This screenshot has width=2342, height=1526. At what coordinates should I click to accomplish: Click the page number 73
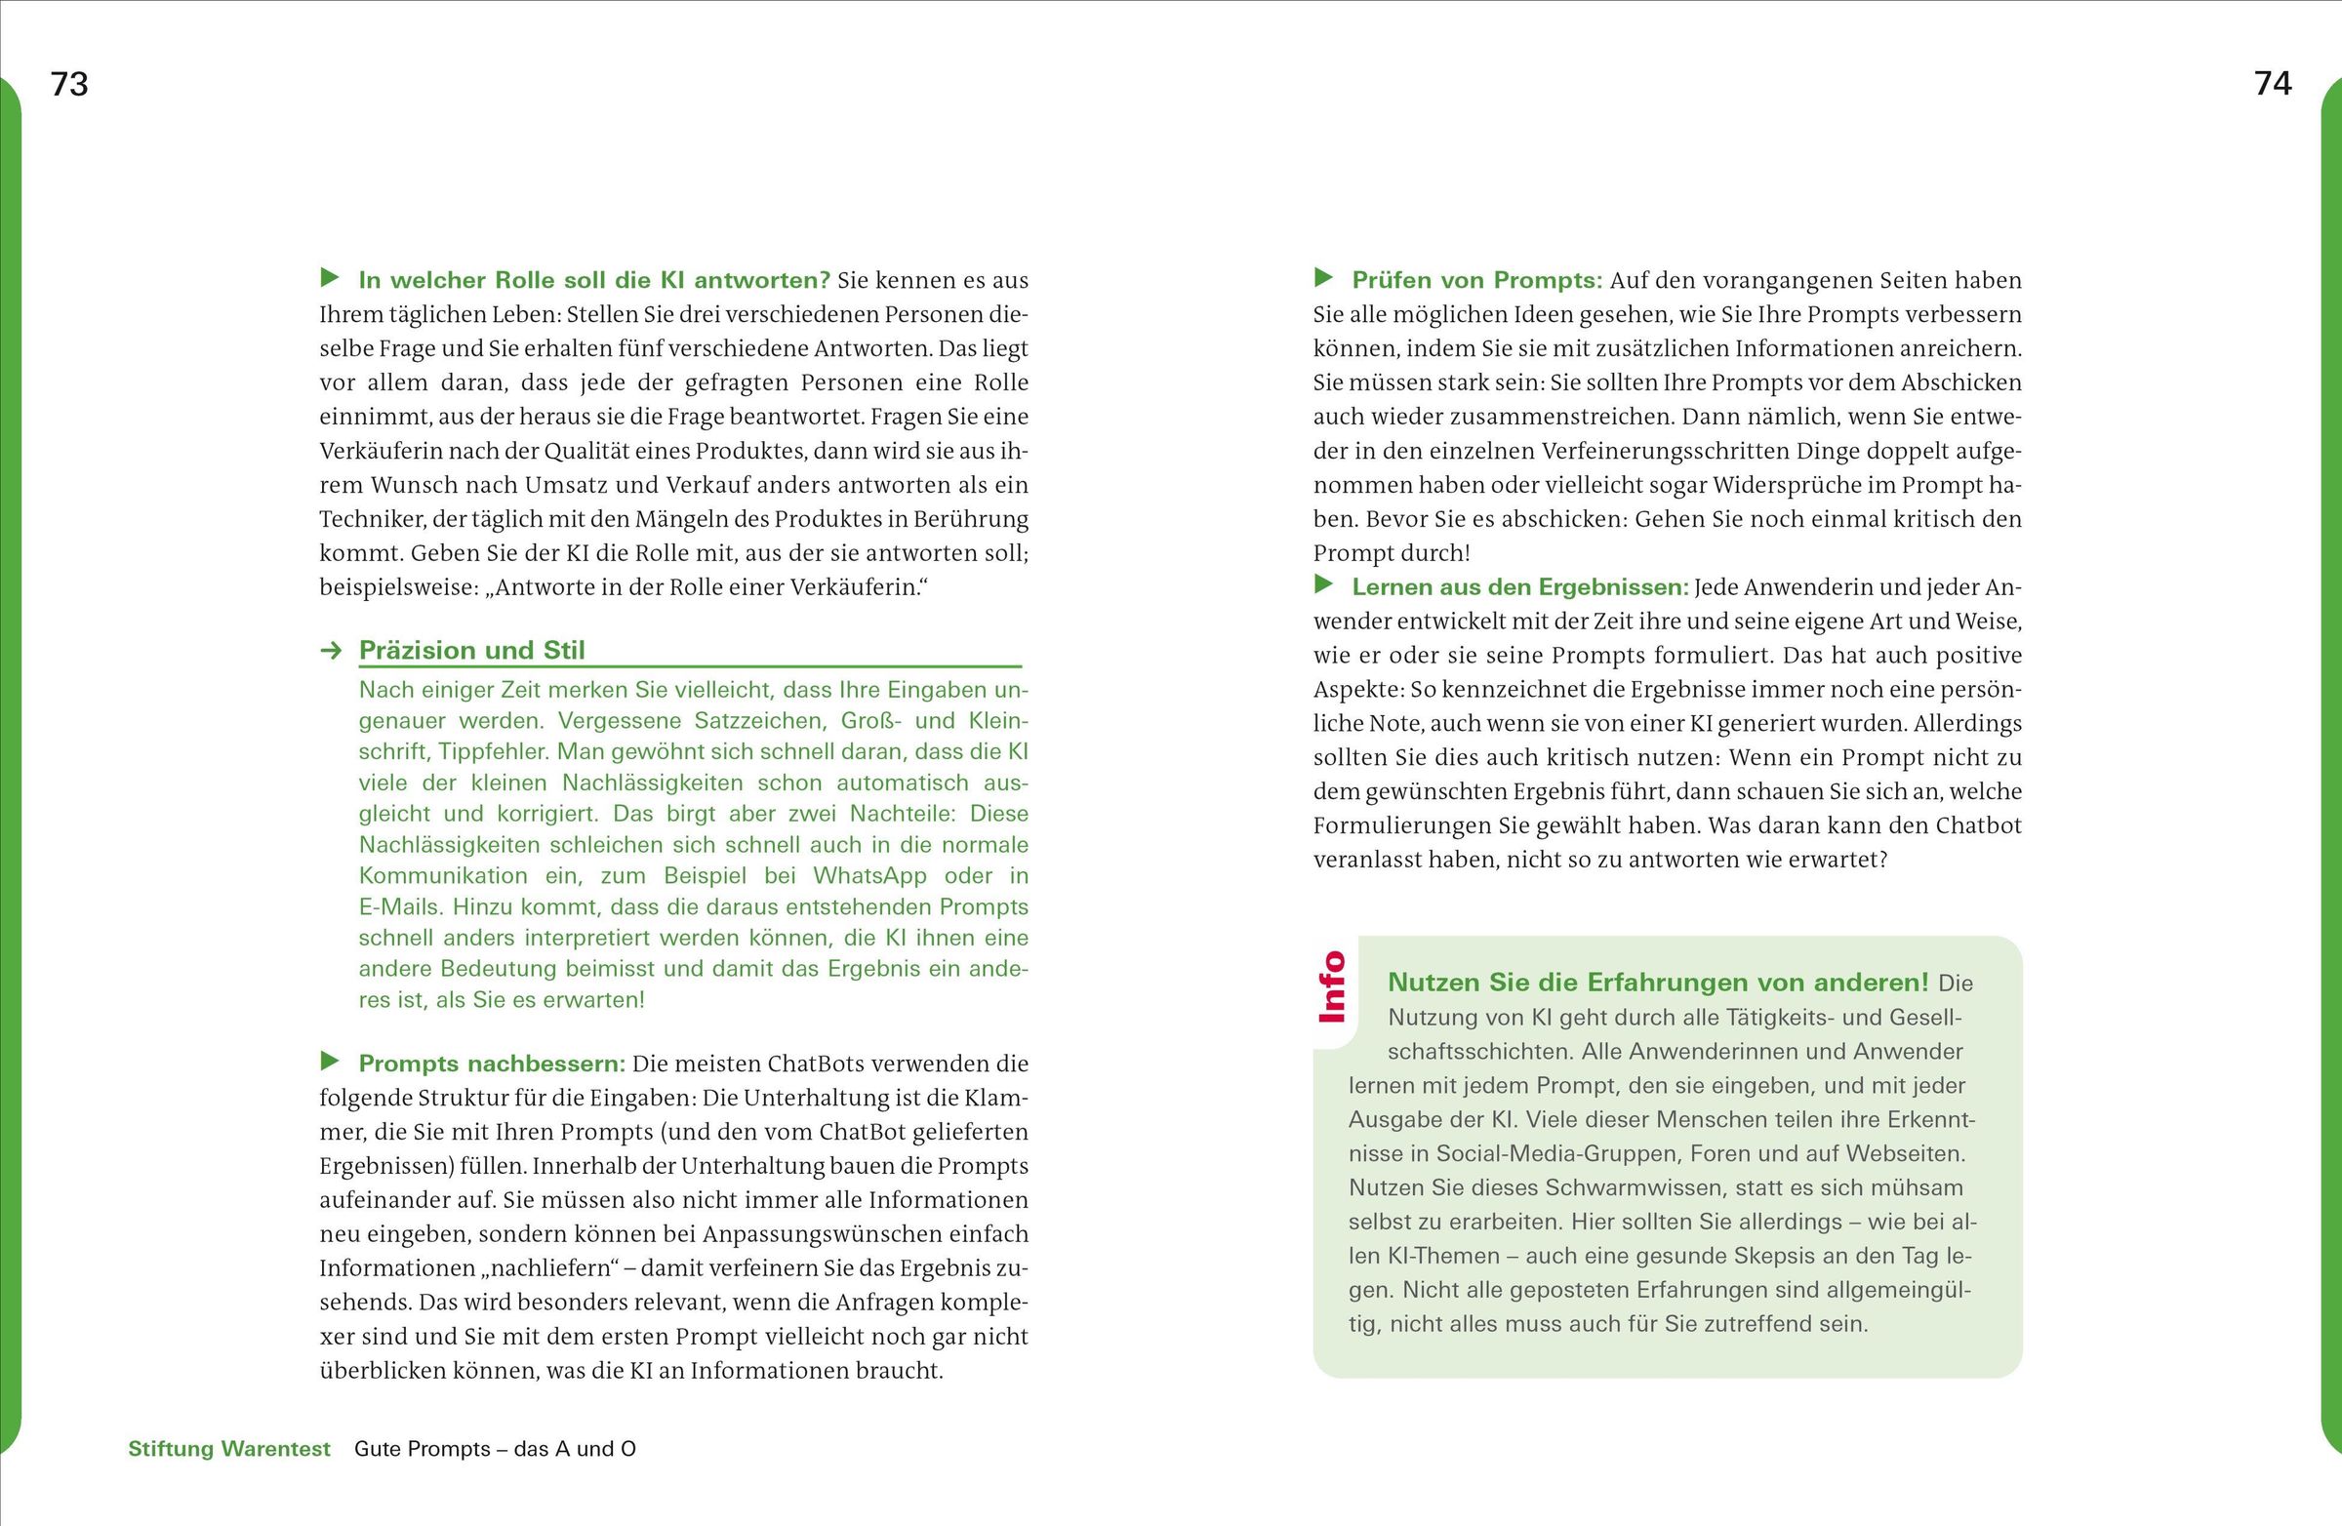pos(69,85)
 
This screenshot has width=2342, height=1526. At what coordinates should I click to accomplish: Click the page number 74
pos(2272,85)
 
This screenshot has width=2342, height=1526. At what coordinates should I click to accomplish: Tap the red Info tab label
pos(1331,985)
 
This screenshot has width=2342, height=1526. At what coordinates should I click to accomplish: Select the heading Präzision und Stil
pos(471,651)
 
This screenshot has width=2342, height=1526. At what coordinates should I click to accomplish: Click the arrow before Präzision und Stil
pos(332,651)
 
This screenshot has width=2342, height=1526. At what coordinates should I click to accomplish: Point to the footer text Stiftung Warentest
pos(229,1448)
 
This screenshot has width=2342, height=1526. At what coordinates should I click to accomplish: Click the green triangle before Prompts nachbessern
pos(331,1061)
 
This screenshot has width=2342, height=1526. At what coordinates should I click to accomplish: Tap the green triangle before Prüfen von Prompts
pos(1324,277)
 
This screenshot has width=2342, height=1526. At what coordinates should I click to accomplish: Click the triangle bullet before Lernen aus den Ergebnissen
pos(1324,584)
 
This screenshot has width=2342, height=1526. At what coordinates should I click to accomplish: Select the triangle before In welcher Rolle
pos(331,277)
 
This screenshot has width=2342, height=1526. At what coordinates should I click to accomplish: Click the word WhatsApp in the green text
pos(869,875)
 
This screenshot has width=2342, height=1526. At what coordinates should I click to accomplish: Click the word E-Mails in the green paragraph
pos(397,906)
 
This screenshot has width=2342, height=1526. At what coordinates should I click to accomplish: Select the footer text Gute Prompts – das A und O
pos(495,1448)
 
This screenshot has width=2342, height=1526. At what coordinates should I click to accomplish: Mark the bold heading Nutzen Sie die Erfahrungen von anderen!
pos(1658,982)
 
